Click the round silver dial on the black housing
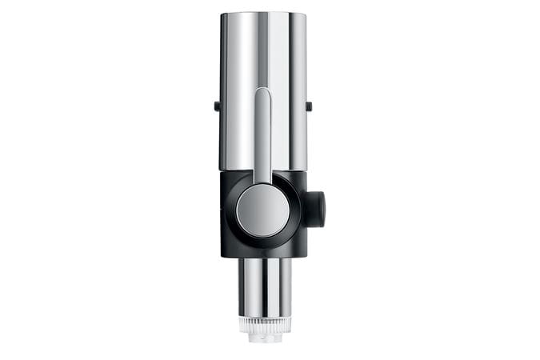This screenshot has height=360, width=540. pos(262,210)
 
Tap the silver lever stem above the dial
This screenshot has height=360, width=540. pos(262,136)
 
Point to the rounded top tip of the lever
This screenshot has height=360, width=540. pos(262,92)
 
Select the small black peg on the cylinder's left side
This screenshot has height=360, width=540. pos(217,106)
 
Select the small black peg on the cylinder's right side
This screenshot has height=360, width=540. pos(309,106)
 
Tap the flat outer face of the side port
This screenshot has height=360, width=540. pos(322,209)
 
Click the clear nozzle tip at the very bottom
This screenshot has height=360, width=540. pos(264,338)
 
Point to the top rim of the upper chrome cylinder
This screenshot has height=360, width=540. pos(263,14)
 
